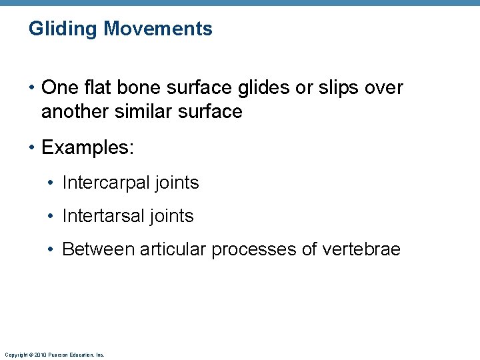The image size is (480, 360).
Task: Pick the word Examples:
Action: tap(87, 147)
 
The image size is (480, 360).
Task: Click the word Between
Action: tap(96, 249)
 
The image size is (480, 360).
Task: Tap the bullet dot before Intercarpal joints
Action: tap(51, 183)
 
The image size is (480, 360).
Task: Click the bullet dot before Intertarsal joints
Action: tap(51, 217)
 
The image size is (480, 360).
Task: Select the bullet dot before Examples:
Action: tap(32, 148)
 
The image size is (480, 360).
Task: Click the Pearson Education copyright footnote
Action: tap(54, 355)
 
